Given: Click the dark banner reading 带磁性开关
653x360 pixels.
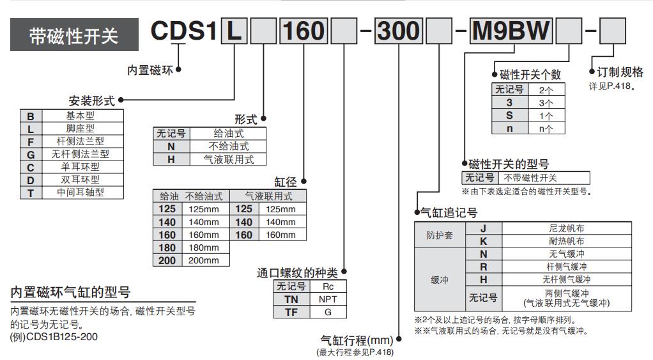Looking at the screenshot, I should click(73, 36).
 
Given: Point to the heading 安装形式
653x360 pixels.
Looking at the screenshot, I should click(92, 100).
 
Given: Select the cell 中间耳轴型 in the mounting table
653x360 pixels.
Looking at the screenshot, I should click(80, 192).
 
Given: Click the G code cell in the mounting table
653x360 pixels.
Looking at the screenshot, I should click(30, 154).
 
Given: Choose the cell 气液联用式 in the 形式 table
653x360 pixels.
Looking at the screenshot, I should click(228, 159).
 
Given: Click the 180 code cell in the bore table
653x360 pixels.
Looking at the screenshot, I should click(167, 247).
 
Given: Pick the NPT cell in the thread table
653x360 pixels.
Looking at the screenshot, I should click(328, 299).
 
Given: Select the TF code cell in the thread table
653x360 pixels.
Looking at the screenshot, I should click(291, 311).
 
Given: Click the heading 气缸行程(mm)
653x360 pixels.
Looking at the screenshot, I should click(357, 340).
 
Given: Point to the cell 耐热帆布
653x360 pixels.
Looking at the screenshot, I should click(566, 241).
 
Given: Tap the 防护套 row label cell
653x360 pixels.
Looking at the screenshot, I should click(440, 235).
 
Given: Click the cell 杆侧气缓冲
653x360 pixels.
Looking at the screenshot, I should click(566, 267).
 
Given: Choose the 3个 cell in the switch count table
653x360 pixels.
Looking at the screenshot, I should click(546, 102).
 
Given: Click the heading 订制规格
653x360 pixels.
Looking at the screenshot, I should click(620, 73).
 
